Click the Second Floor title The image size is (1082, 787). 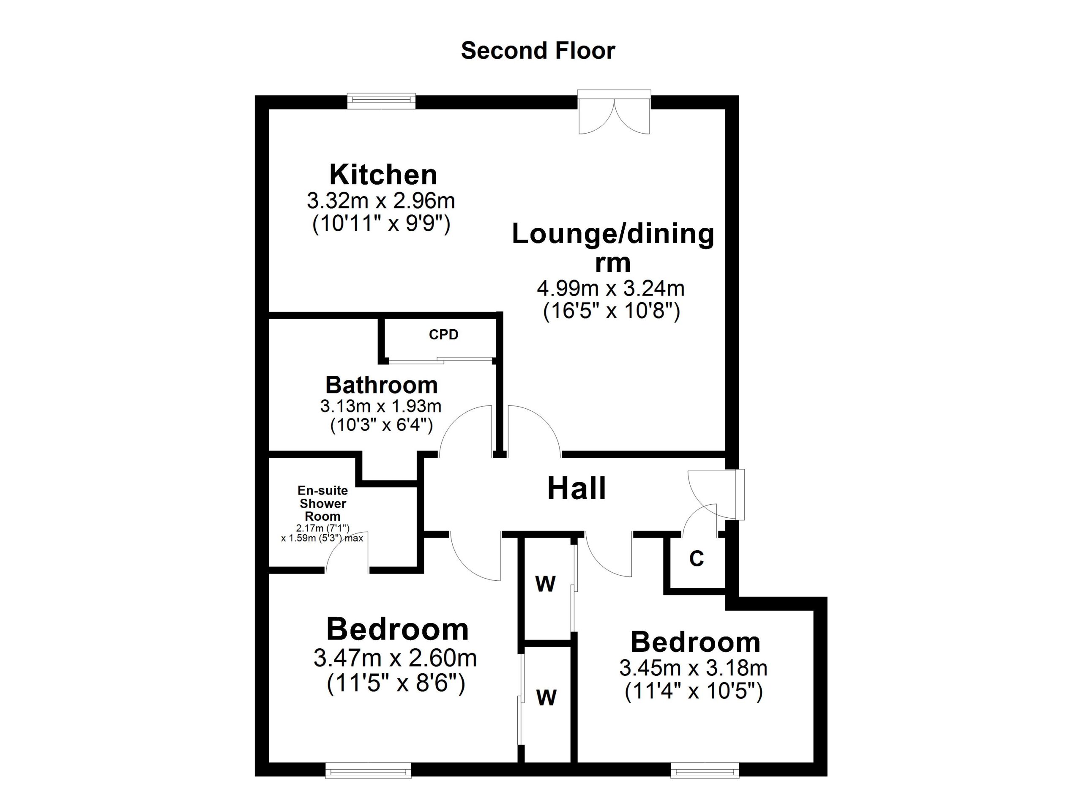pos(538,51)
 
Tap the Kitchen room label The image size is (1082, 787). pos(383,175)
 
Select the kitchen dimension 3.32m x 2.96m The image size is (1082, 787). pos(381,201)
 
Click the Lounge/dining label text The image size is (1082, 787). pos(613,234)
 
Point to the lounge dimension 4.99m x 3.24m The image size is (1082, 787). pos(611,288)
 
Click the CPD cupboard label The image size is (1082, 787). pos(443,335)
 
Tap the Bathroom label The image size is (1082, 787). pos(381,385)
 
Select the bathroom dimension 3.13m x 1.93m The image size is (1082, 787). pos(381,406)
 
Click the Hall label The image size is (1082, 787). pos(577,489)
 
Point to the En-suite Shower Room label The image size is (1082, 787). pos(322,503)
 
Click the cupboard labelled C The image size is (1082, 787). pos(696,558)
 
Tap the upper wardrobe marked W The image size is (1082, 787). pos(545,584)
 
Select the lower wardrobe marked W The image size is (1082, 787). pos(546,698)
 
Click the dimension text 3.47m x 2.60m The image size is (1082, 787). pos(395,659)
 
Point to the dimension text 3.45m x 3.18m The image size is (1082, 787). pos(693,668)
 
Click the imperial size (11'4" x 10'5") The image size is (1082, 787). pos(694,691)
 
